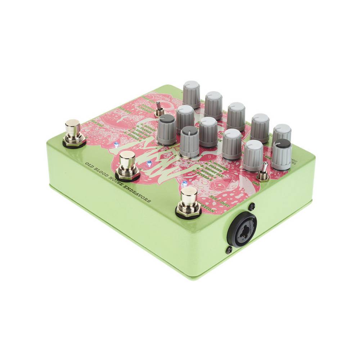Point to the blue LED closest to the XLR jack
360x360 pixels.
[185, 183]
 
